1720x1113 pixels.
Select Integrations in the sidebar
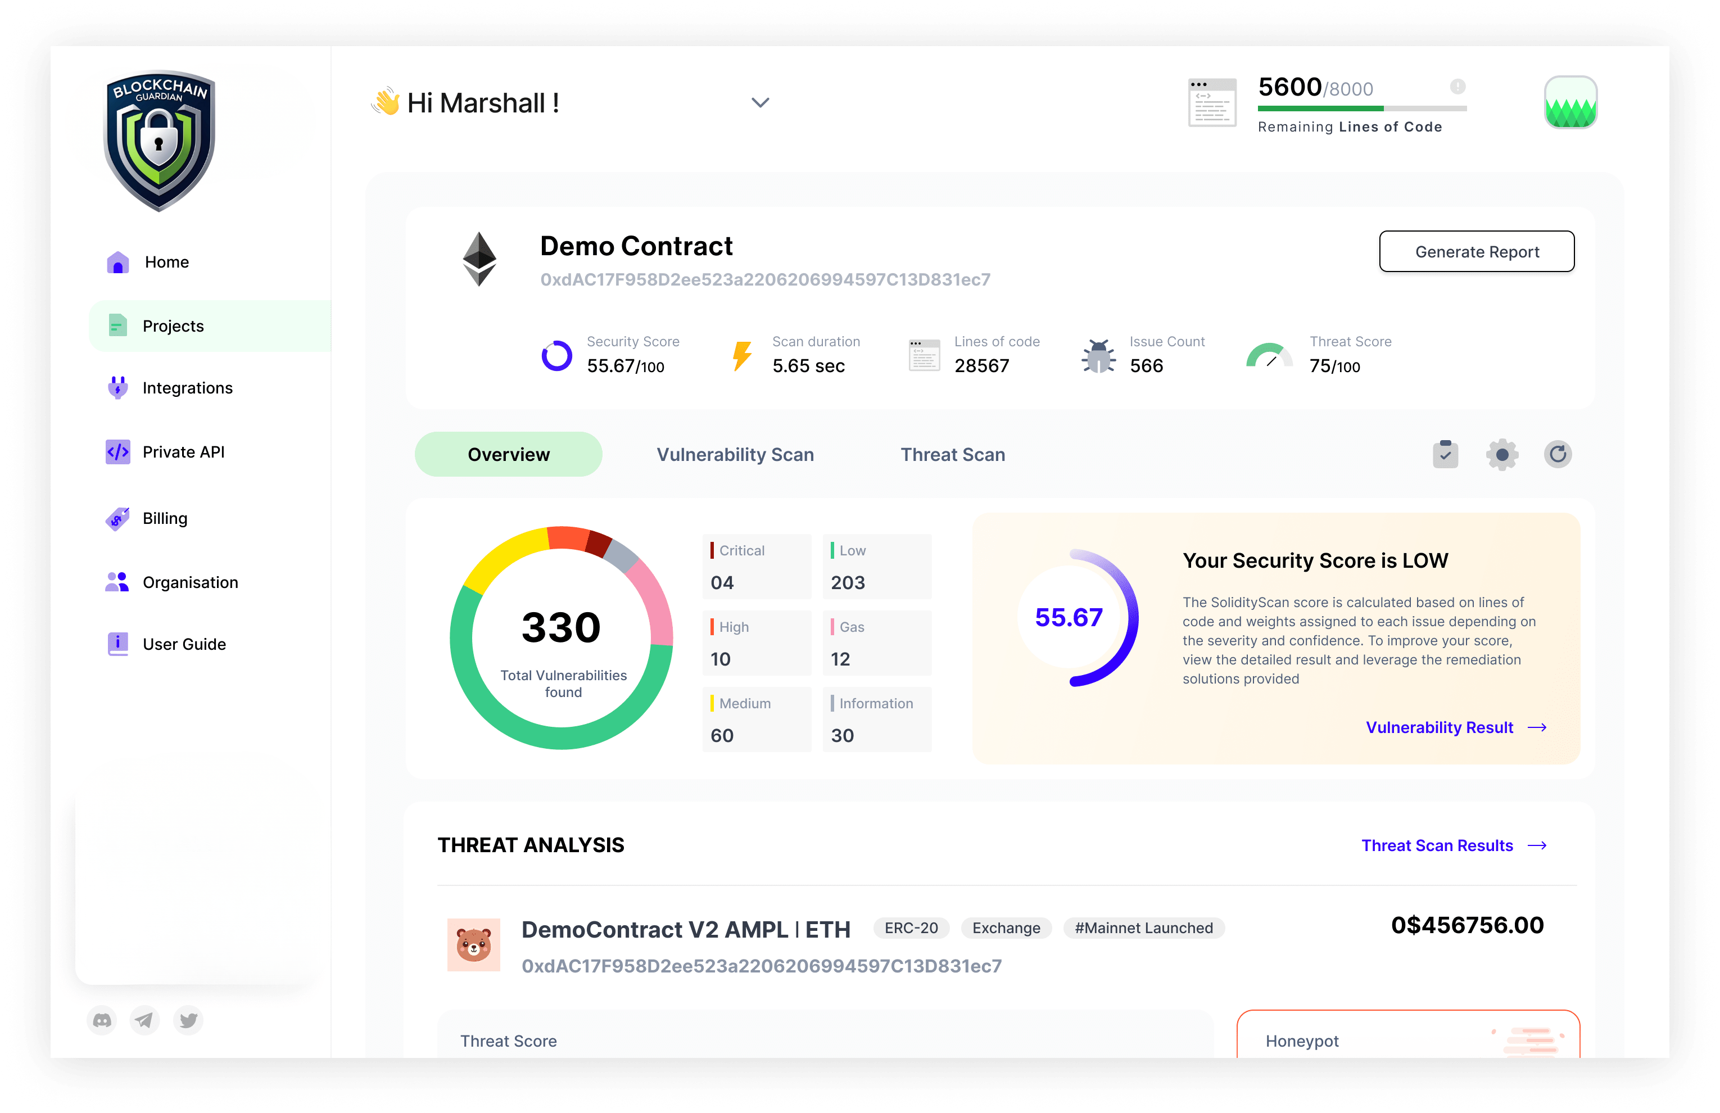tap(187, 388)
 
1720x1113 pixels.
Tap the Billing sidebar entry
tap(164, 518)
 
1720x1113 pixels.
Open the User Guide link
tap(184, 644)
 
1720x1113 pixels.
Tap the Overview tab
tap(508, 455)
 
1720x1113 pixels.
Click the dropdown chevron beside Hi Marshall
tap(759, 103)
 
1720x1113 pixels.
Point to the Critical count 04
tap(722, 582)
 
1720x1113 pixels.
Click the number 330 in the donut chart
tap(561, 627)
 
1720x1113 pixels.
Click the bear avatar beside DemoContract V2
tap(473, 944)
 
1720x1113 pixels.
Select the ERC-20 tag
tap(911, 928)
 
